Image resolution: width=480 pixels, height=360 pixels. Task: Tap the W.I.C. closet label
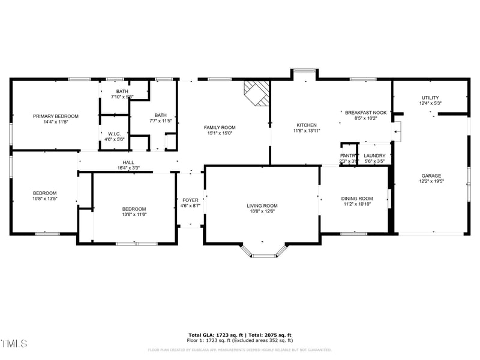tap(115, 134)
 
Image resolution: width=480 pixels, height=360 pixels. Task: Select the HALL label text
tap(128, 162)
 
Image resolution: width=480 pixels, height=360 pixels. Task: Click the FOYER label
tap(190, 200)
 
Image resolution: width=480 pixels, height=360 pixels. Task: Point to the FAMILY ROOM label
tap(220, 127)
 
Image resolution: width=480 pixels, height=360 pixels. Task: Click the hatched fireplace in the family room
tap(256, 94)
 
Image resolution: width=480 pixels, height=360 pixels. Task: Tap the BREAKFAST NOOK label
tap(365, 112)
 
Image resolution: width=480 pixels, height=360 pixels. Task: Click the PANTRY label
tap(349, 155)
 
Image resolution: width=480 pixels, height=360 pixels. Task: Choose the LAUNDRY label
tap(375, 155)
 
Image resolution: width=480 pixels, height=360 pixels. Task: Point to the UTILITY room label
tap(430, 98)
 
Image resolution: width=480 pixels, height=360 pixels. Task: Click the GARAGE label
tap(431, 175)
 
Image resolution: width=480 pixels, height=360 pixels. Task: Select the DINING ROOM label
tap(357, 199)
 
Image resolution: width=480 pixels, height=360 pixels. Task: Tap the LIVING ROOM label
tap(262, 206)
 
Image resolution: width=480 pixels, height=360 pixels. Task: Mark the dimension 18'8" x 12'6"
tap(262, 212)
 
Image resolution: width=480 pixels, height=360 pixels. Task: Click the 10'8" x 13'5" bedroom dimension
tap(45, 199)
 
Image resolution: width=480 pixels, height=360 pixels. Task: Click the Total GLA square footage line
tap(240, 335)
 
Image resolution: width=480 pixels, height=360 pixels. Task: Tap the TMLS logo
tap(14, 344)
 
